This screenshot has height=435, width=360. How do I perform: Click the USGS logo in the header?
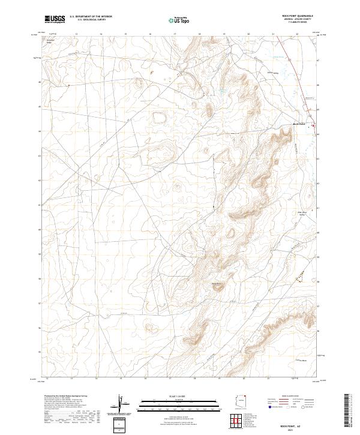55,19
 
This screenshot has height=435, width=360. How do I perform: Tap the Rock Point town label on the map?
299,124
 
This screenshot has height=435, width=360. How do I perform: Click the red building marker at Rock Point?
312,125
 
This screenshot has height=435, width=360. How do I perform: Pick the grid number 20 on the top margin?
248,34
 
